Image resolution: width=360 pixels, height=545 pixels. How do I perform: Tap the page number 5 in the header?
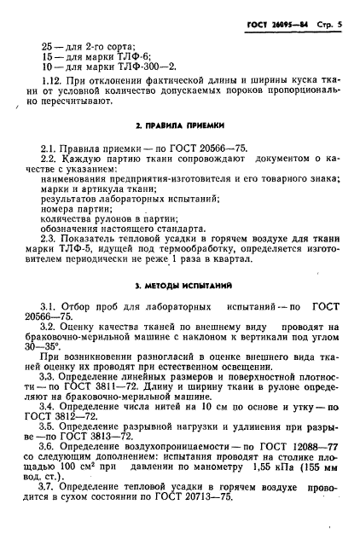(x=338, y=26)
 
